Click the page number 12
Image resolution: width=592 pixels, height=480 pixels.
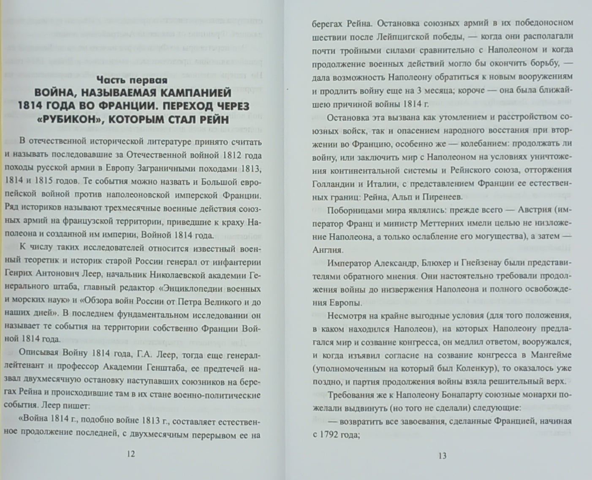tap(130, 455)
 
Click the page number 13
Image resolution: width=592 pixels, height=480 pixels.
tap(443, 456)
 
